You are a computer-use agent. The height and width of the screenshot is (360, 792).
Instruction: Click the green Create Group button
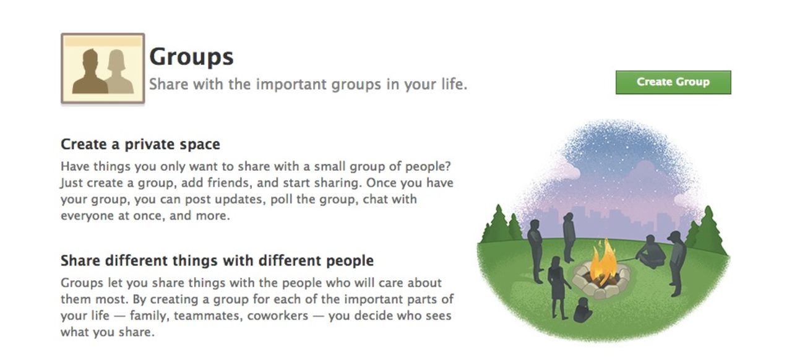coord(673,82)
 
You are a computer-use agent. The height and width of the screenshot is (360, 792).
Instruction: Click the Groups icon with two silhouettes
coord(103,69)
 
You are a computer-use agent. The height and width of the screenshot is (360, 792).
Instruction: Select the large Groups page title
coord(191,57)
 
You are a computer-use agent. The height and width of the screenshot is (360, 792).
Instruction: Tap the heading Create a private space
coord(140,145)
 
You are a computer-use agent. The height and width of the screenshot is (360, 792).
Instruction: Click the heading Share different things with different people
coord(217,260)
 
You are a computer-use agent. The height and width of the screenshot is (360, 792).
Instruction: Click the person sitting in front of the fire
coord(583,311)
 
